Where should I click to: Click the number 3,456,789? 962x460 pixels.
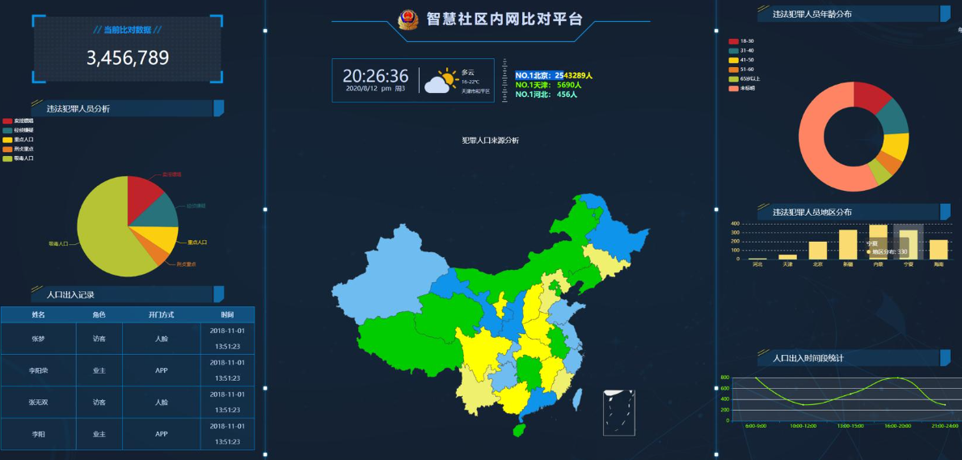[x=128, y=57]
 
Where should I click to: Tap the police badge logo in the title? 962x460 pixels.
[x=408, y=19]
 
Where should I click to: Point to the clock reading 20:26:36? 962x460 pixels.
[x=376, y=76]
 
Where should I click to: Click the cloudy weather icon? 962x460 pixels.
[x=441, y=81]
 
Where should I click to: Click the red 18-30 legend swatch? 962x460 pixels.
[x=733, y=41]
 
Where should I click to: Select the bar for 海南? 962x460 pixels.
[x=939, y=249]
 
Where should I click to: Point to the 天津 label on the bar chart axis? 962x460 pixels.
[x=787, y=264]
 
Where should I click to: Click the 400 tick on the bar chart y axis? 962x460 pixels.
[x=735, y=224]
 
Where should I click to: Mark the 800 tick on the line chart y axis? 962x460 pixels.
[x=725, y=378]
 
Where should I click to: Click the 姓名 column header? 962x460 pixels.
[x=39, y=314]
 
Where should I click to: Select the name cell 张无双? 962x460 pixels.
[x=39, y=402]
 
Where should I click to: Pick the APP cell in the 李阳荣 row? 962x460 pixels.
[x=161, y=370]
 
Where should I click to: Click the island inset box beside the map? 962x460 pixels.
[x=619, y=412]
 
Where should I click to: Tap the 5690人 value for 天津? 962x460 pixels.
[x=569, y=85]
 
